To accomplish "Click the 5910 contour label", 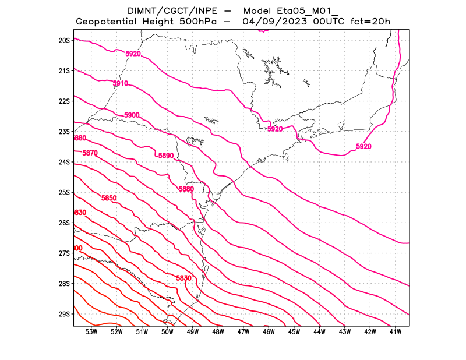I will tap(120, 84).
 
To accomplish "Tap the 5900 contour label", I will tap(132, 115).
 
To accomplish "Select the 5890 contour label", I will tap(166, 156).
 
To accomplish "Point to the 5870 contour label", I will tap(90, 153).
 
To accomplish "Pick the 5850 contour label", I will tap(109, 198).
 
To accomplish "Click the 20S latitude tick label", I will tap(64, 40).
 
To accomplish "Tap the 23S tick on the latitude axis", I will tap(64, 132).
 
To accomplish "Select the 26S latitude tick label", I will tap(64, 223).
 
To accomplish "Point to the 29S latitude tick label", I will tap(64, 314).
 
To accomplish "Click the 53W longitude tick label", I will tap(91, 332).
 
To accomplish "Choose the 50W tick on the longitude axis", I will tap(167, 332).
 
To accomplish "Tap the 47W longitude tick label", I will tap(243, 332).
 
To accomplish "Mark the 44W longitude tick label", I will tap(319, 332).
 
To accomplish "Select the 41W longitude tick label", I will tap(395, 332).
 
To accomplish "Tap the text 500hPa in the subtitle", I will tap(203, 22).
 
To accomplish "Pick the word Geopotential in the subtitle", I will tap(108, 22).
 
